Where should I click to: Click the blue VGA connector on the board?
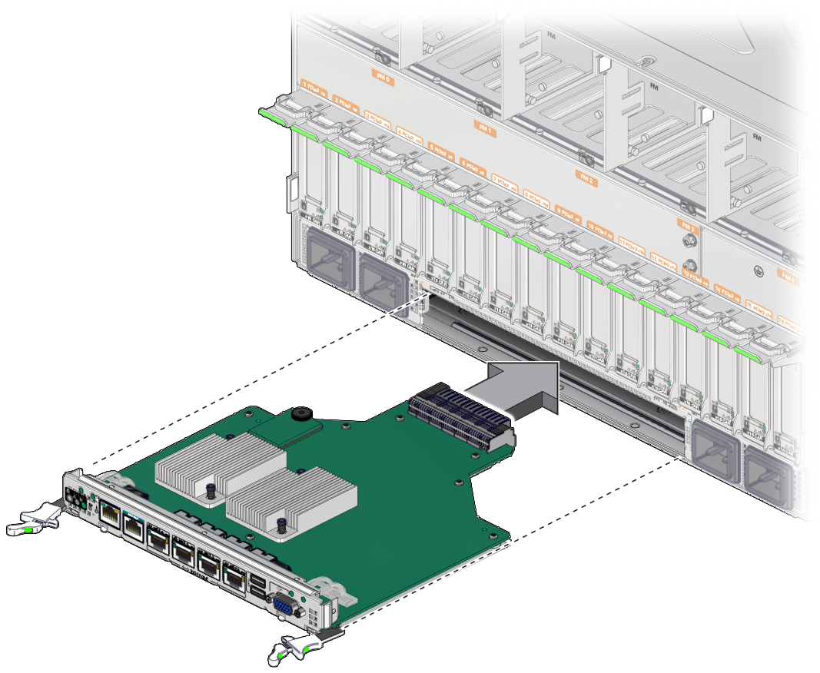click(286, 606)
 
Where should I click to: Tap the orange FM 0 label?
click(382, 78)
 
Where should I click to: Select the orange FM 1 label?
click(485, 131)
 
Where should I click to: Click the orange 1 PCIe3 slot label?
click(313, 91)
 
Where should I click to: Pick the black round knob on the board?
click(301, 416)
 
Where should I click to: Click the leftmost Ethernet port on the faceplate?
click(110, 516)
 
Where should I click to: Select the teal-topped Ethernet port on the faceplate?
click(135, 527)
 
